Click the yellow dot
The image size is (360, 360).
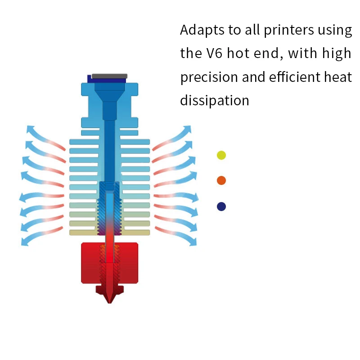pos(221,155)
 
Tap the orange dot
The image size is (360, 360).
pos(221,180)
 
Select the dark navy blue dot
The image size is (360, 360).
pos(221,207)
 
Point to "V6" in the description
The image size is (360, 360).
pos(214,53)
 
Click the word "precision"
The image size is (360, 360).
pos(209,77)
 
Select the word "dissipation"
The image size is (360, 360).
pos(215,100)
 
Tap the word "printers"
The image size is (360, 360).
pos(288,30)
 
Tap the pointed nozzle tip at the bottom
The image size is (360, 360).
pos(109,302)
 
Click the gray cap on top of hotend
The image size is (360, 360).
pos(109,76)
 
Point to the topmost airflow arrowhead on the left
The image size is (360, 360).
pos(30,129)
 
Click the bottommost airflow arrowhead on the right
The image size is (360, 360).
pos(193,242)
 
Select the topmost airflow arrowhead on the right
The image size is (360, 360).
pos(187,129)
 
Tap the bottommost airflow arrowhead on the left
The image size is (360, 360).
pos(25,242)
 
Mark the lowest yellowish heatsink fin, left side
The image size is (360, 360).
pos(83,233)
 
